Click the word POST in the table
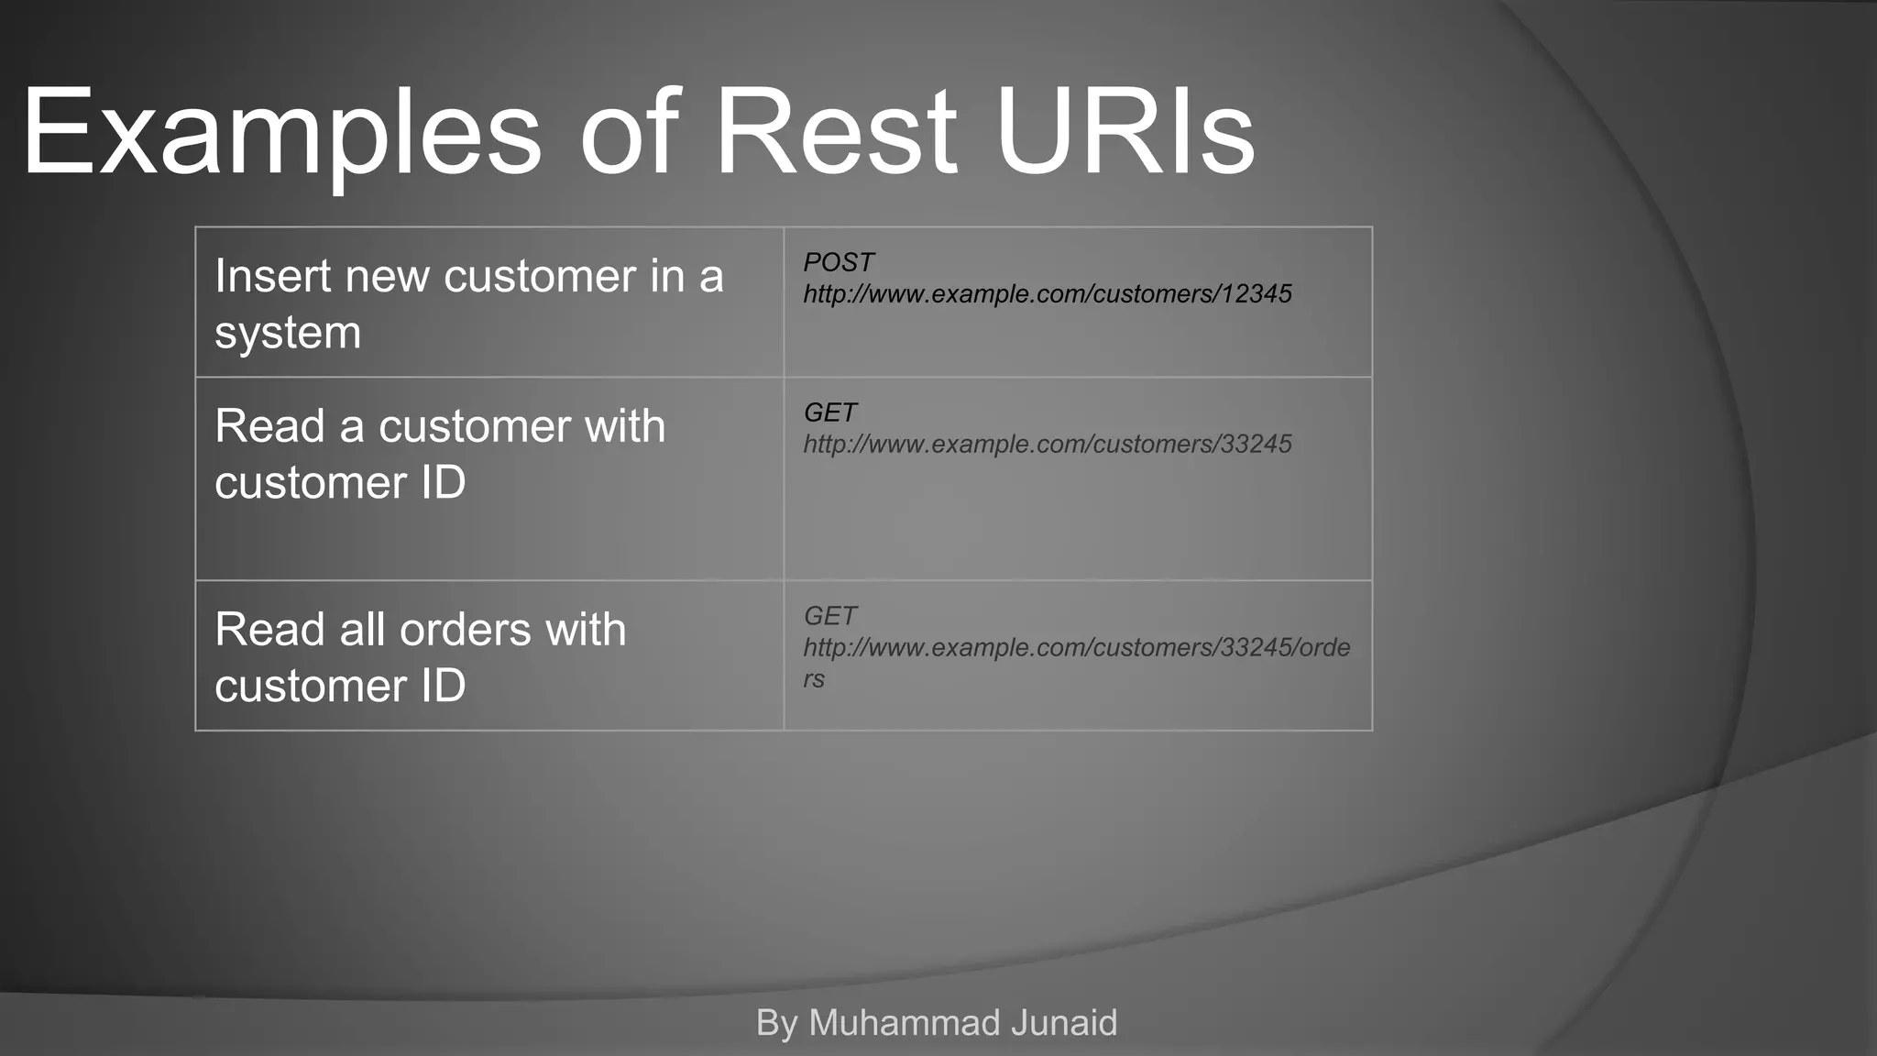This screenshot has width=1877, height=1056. pos(838,262)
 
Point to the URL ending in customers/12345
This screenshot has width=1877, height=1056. pos(1047,294)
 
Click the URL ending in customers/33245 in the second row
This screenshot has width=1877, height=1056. pos(1047,445)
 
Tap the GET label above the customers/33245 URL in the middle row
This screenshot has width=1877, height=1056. pos(829,412)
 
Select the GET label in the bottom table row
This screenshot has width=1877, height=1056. pos(829,616)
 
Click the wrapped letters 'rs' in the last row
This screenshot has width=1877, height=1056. pos(814,679)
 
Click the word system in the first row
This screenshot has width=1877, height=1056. pos(288,334)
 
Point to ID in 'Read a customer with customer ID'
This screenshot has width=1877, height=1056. pos(443,482)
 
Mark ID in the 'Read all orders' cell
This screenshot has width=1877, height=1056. pos(443,686)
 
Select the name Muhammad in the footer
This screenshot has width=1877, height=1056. pos(891,1023)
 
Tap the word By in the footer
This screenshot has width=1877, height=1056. pos(776,1023)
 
